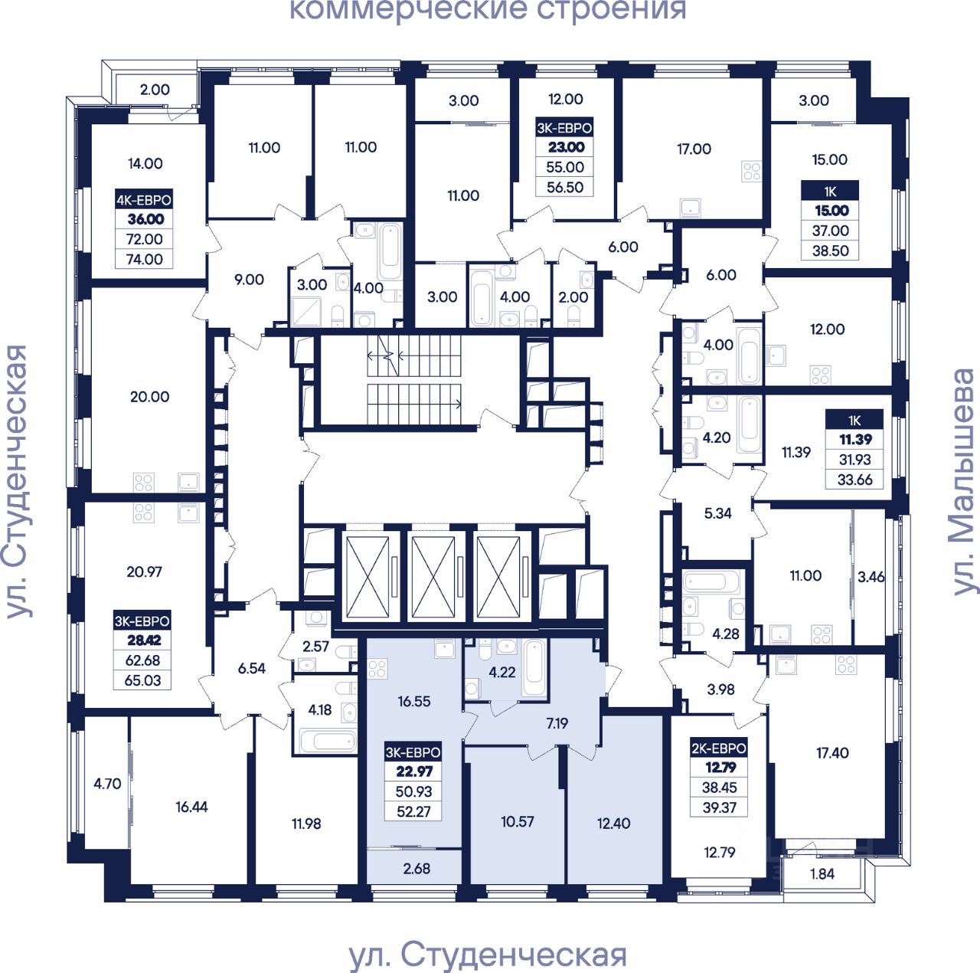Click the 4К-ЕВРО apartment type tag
pyautogui.click(x=144, y=200)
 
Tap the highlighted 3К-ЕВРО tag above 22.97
pyautogui.click(x=413, y=752)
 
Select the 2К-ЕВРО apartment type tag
pyautogui.click(x=719, y=748)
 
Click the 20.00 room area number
pyautogui.click(x=149, y=397)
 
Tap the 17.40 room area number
pyautogui.click(x=832, y=753)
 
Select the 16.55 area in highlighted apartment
pyautogui.click(x=413, y=701)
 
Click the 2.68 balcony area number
pyautogui.click(x=416, y=869)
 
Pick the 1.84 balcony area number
pyautogui.click(x=822, y=873)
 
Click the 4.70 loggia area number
pyautogui.click(x=107, y=784)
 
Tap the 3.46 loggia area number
pyautogui.click(x=871, y=577)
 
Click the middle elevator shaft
pyautogui.click(x=433, y=577)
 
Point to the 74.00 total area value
pyautogui.click(x=145, y=259)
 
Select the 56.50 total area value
pyautogui.click(x=565, y=187)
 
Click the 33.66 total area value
pyautogui.click(x=854, y=480)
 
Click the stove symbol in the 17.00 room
pyautogui.click(x=751, y=172)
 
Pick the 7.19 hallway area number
pyautogui.click(x=557, y=722)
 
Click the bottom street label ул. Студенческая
pyautogui.click(x=488, y=955)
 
